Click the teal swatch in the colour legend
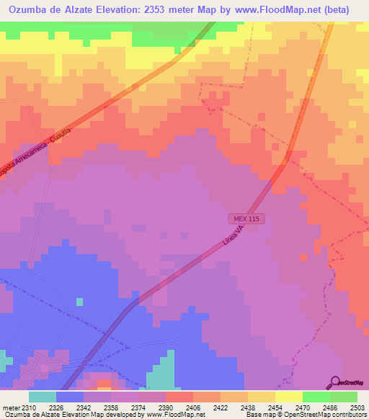tap(43, 397)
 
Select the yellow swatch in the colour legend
tap(289, 397)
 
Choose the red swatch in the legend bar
tap(179, 397)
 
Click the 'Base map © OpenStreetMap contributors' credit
tap(304, 415)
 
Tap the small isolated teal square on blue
tap(79, 302)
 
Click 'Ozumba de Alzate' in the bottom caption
tap(28, 415)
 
